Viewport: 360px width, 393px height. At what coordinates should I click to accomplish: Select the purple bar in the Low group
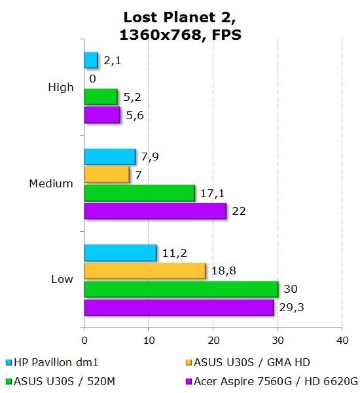click(x=179, y=307)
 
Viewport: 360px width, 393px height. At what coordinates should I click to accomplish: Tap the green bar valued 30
click(x=181, y=289)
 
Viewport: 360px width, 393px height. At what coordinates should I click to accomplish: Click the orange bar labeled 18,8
click(x=145, y=271)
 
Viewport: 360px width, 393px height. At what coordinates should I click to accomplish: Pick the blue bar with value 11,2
click(x=120, y=252)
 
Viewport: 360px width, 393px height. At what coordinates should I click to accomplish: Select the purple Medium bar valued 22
click(x=155, y=211)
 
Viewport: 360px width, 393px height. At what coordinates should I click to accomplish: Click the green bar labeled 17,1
click(x=139, y=193)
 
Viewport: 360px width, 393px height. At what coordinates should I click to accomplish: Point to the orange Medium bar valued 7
click(x=107, y=174)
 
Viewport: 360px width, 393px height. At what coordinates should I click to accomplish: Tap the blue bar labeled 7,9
click(x=109, y=157)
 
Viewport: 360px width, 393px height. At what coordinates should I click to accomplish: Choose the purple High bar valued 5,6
click(x=102, y=115)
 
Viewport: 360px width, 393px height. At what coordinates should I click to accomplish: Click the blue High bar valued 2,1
click(x=91, y=60)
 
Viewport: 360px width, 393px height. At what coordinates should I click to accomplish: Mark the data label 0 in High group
click(x=92, y=79)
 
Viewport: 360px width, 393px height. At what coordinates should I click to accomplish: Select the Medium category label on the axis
click(x=51, y=183)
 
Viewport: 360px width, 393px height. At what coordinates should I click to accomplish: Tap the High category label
click(x=61, y=87)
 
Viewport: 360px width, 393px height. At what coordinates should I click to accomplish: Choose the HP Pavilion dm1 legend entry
click(x=55, y=362)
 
